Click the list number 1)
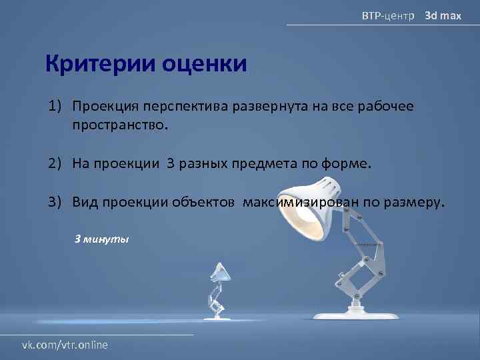[x=55, y=107]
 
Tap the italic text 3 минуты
[x=101, y=238]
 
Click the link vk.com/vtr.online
[x=65, y=345]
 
